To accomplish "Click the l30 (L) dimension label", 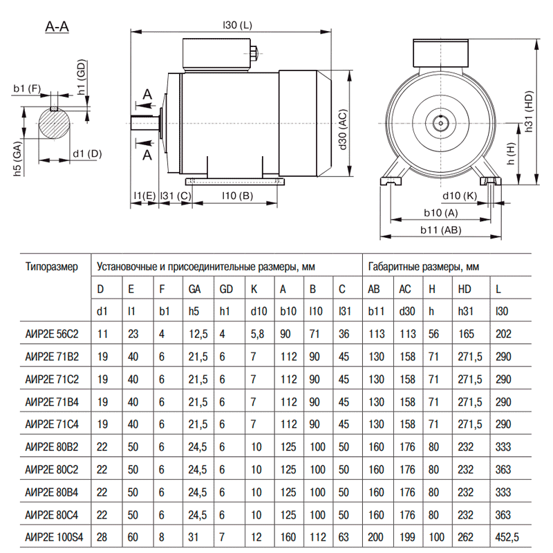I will coord(237,25).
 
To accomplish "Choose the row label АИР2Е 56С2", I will coord(52,334).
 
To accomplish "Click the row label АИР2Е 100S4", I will coord(55,537).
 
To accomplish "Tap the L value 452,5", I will coord(507,537).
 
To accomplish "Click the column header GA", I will coord(195,289).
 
